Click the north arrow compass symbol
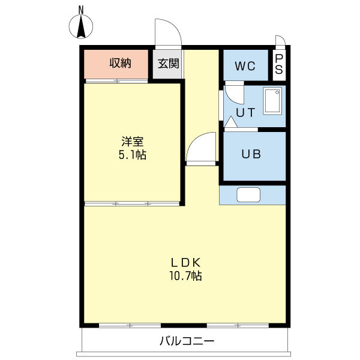[x=81, y=26]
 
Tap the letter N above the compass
[x=81, y=10]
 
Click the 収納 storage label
[x=120, y=63]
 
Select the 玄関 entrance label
[x=168, y=64]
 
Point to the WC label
[x=245, y=66]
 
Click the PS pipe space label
[x=279, y=64]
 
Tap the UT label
[x=245, y=113]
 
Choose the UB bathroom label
[x=251, y=154]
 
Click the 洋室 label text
[x=133, y=142]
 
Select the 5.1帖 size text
[x=133, y=154]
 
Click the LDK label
[x=185, y=263]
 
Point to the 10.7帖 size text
[x=185, y=275]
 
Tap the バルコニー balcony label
[x=187, y=341]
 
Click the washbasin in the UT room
[x=272, y=101]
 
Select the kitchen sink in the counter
[x=248, y=195]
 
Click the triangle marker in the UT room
[x=231, y=122]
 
